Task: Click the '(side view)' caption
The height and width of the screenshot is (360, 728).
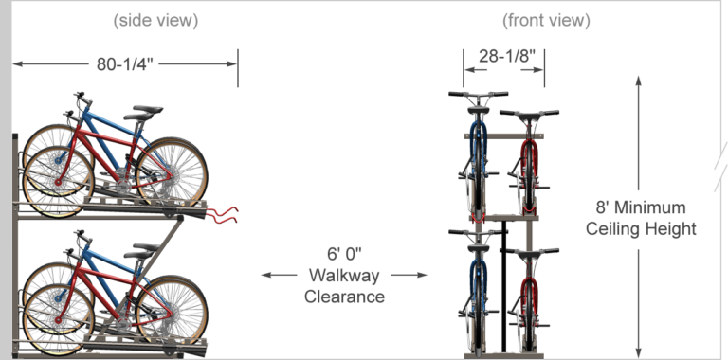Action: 156,20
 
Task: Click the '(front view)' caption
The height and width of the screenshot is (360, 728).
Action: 545,20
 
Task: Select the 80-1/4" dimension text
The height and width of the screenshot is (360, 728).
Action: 123,64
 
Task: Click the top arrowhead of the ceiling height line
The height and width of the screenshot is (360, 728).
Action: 640,82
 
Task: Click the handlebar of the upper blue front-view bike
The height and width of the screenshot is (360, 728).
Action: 478,94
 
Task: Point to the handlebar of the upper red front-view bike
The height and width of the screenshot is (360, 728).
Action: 529,113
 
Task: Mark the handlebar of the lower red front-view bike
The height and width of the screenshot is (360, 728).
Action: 529,251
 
